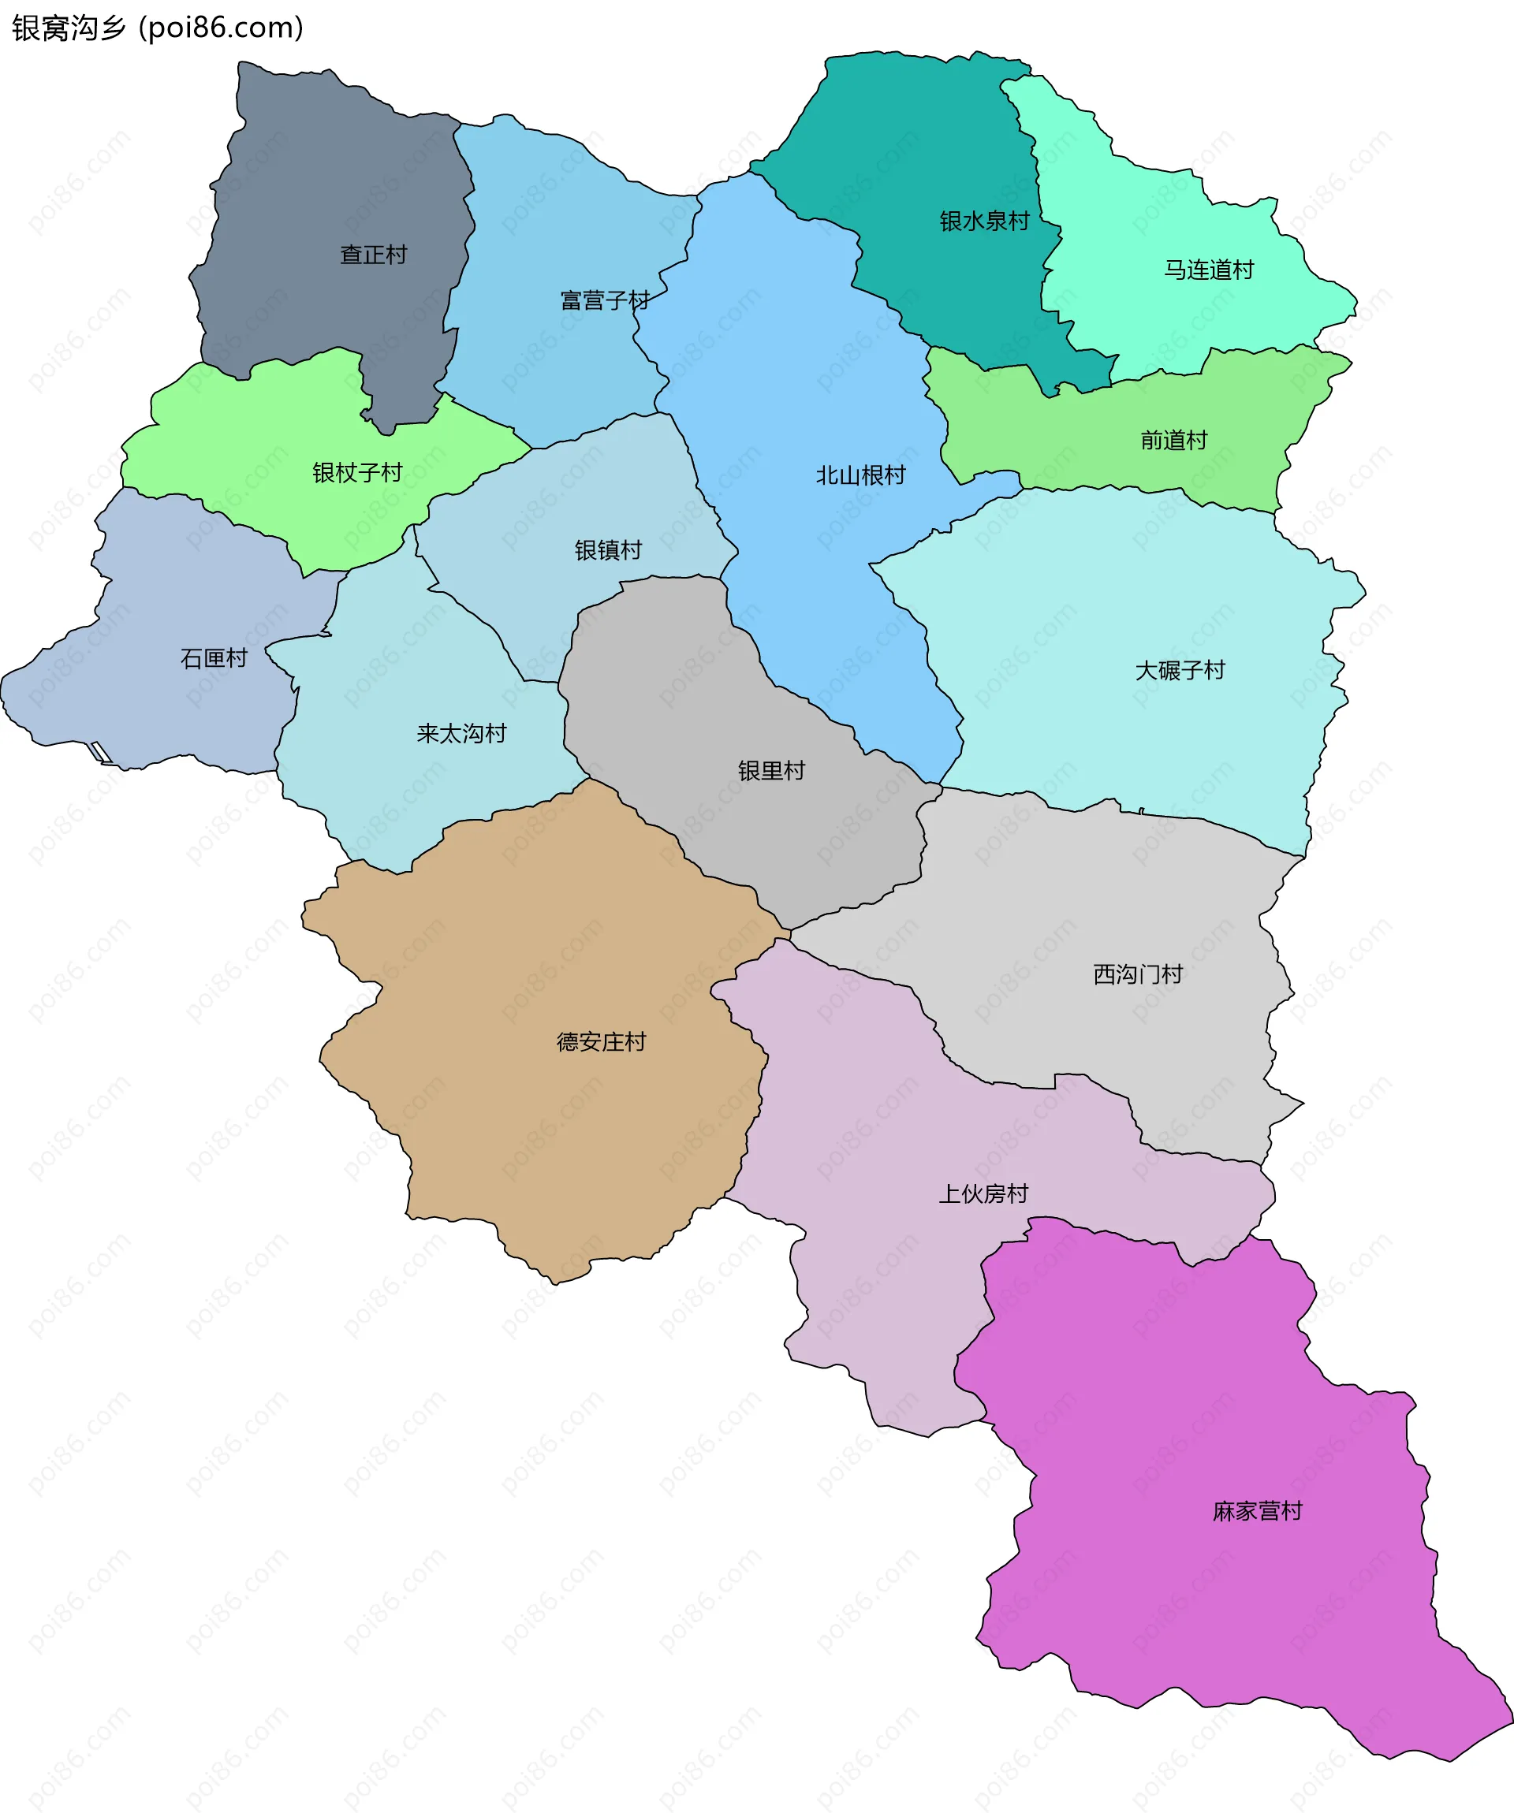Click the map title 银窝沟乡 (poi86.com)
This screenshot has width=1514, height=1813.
pos(158,28)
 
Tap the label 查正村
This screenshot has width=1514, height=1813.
pos(373,255)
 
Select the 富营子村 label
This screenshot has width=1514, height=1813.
pos(605,300)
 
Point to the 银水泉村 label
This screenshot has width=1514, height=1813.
pos(984,221)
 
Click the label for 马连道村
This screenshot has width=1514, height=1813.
pos(1208,270)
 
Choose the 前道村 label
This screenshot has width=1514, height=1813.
pos(1173,441)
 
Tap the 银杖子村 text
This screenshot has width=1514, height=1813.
pos(356,472)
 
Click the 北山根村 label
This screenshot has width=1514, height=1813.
pos(860,475)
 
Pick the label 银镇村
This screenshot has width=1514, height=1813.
pos(608,550)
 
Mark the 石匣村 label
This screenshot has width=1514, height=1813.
pos(214,659)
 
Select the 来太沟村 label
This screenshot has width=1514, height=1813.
pos(461,734)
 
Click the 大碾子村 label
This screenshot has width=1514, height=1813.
pos(1180,670)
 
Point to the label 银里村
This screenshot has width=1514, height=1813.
pos(771,770)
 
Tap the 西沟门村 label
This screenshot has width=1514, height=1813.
pos(1137,975)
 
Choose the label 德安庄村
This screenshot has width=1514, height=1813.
pos(601,1042)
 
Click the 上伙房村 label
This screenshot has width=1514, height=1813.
pos(984,1194)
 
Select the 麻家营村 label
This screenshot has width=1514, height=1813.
pos(1257,1511)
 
